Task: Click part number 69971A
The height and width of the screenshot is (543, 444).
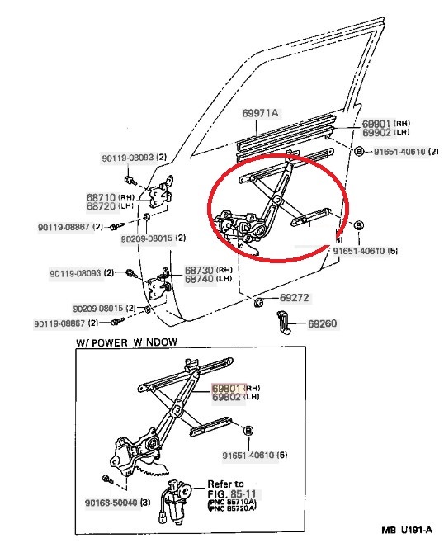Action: (260, 113)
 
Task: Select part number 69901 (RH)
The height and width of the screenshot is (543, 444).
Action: (385, 123)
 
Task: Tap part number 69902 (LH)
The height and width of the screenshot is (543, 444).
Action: (385, 132)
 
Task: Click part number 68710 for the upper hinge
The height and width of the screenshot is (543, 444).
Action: (101, 197)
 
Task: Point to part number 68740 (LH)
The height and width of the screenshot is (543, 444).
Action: (208, 279)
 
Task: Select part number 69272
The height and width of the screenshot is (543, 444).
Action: (294, 298)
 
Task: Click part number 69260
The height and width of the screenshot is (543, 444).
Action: (322, 323)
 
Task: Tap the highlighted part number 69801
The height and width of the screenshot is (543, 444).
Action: (226, 388)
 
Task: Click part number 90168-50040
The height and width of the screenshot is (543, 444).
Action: (111, 503)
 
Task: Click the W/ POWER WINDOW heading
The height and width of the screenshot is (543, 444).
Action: (126, 342)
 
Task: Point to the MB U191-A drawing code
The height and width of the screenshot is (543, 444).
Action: (408, 530)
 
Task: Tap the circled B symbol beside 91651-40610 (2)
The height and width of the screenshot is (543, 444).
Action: (360, 151)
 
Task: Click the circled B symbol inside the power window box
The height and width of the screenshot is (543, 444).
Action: (248, 431)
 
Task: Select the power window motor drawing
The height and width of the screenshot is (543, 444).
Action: (174, 501)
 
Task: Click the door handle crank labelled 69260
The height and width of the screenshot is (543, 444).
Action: (283, 323)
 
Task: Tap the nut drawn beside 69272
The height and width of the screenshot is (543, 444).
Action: (258, 303)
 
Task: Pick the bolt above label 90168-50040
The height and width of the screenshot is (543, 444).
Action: (108, 479)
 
